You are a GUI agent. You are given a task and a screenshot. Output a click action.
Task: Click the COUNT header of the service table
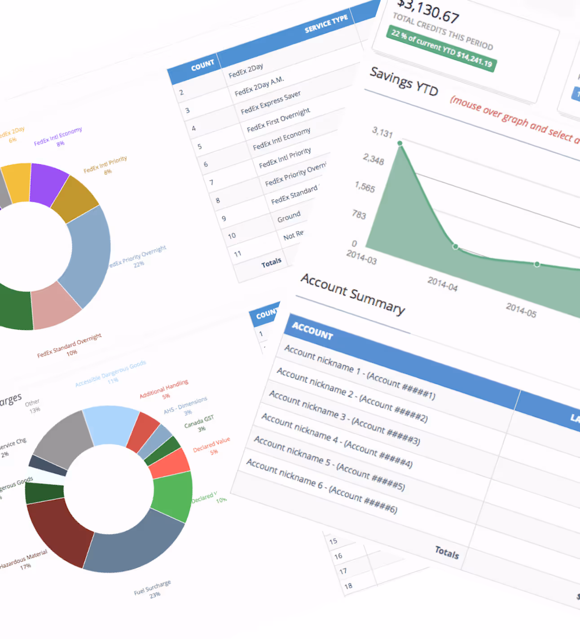(x=202, y=65)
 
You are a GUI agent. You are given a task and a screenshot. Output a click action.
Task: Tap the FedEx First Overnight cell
(x=278, y=120)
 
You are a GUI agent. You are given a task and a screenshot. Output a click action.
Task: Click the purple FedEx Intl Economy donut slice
(x=48, y=184)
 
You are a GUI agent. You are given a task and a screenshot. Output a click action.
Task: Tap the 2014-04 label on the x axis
(x=442, y=284)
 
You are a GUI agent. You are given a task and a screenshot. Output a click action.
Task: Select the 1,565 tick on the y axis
(x=365, y=187)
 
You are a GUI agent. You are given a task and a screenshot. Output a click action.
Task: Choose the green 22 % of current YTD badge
(x=441, y=48)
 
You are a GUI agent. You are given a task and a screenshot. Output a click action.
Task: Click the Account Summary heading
(x=353, y=294)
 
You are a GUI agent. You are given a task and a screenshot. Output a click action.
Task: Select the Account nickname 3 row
(x=344, y=417)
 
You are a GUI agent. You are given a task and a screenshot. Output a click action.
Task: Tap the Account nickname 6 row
(x=321, y=486)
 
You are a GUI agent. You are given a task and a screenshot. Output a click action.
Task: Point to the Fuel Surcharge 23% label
(x=153, y=589)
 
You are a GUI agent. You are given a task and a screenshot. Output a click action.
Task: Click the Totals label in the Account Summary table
(x=447, y=552)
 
